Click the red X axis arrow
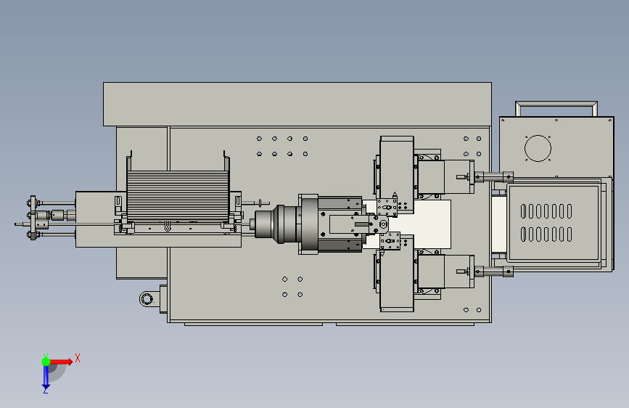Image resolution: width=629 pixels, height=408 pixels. point(60,362)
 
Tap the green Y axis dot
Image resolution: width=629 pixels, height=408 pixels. point(46,362)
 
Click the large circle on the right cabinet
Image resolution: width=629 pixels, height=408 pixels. point(538,148)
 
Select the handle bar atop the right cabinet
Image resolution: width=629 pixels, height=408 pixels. point(556,103)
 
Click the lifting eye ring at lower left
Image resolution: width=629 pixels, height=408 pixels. point(146,299)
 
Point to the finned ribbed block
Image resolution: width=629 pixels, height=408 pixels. point(178,196)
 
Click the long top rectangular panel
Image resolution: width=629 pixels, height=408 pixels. point(297,104)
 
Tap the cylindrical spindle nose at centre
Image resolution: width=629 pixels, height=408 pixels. point(265,224)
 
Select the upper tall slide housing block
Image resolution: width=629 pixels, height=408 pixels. point(397,168)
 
